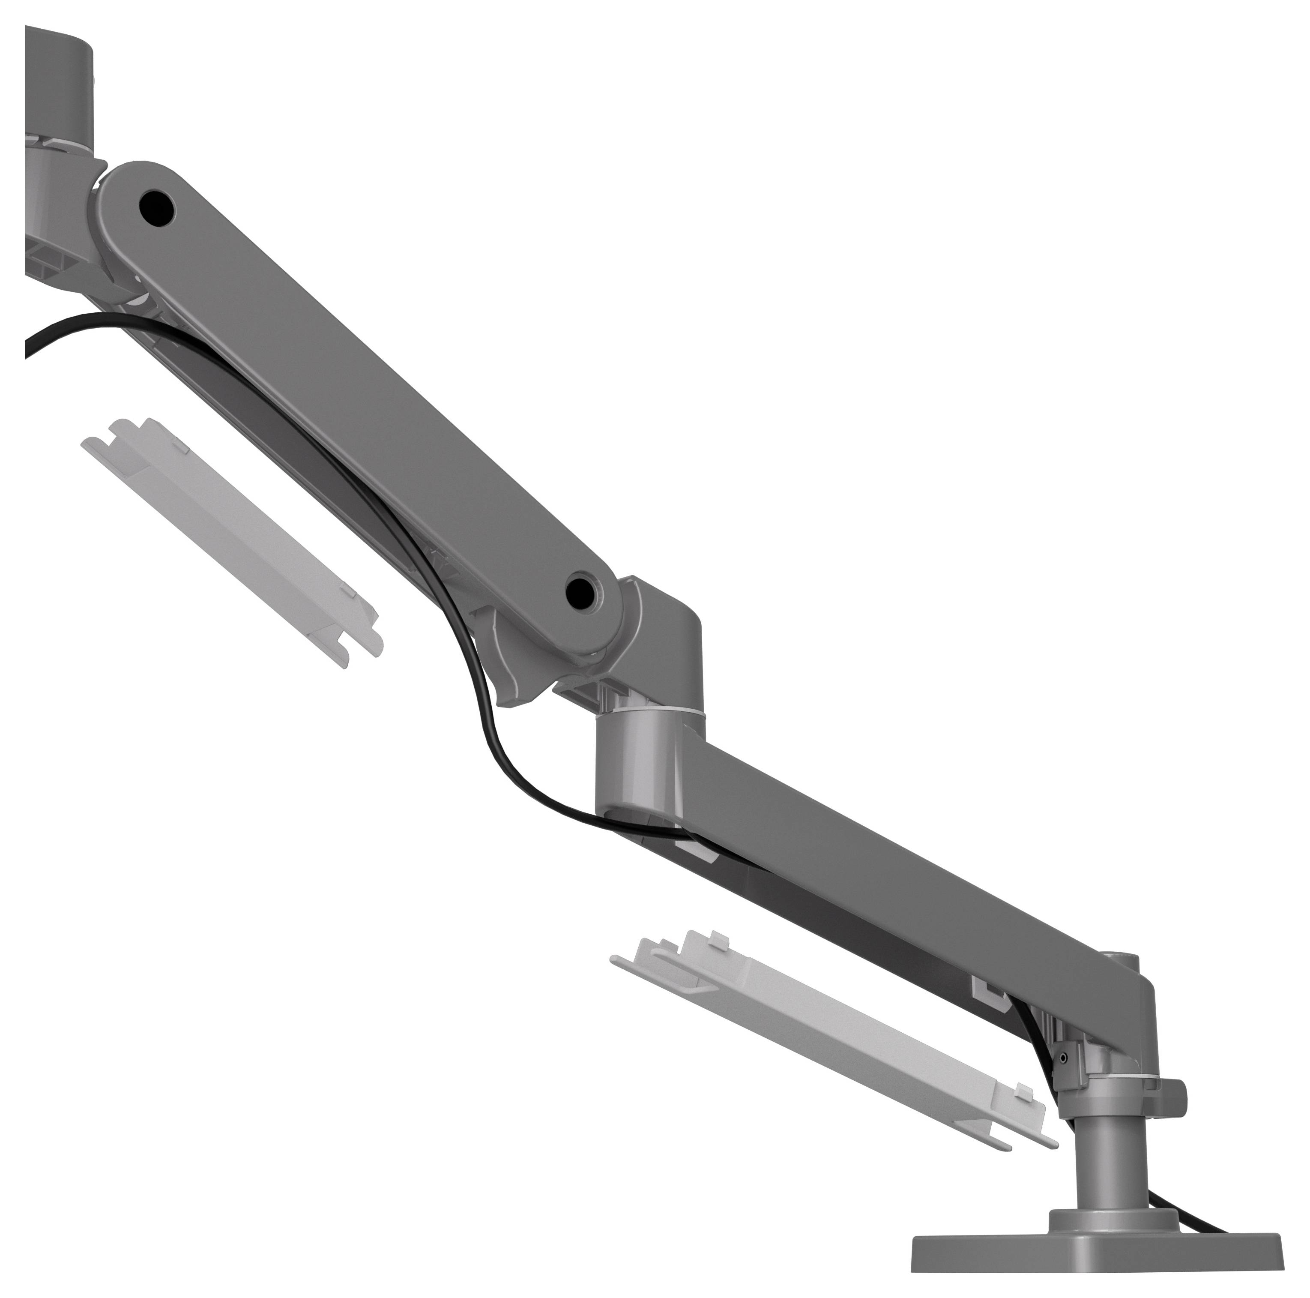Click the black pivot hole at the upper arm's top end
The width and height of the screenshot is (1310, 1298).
pos(157,207)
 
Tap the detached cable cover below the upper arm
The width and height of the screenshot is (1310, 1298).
pos(230,543)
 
